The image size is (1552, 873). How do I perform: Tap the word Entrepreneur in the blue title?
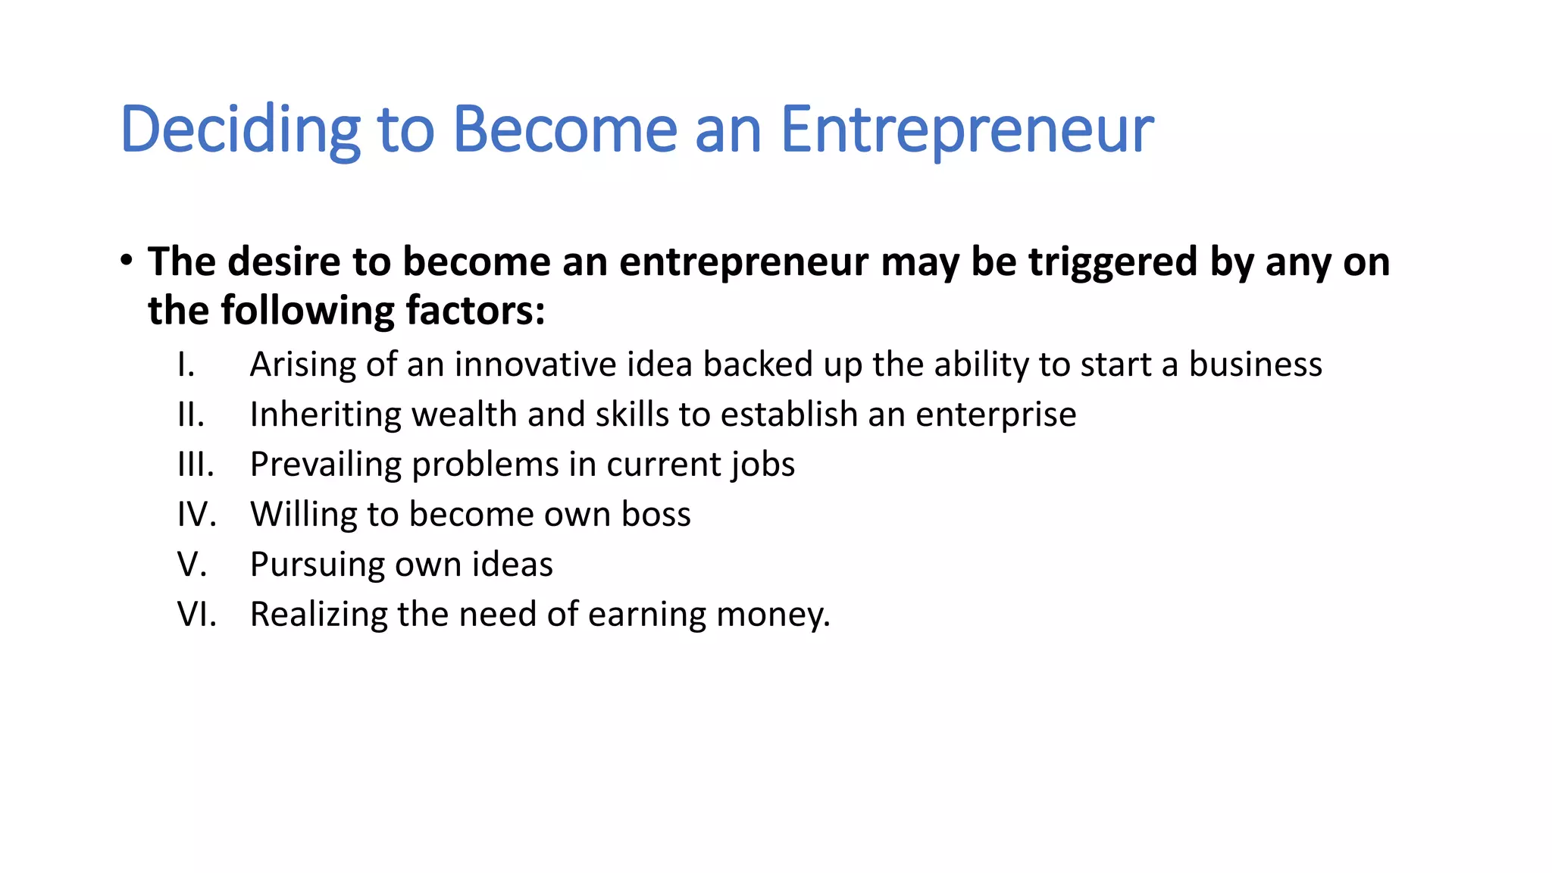pos(966,130)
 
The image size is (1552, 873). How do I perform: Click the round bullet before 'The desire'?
pos(127,261)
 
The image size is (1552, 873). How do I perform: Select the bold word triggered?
pos(1112,262)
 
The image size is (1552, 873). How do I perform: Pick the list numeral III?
pos(196,464)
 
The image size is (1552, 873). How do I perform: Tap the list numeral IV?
pos(196,514)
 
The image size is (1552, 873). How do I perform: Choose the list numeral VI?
pos(196,614)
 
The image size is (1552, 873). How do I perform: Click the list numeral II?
pos(190,415)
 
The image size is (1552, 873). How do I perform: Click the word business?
pos(1255,365)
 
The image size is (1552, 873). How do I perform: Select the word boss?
pos(656,514)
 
